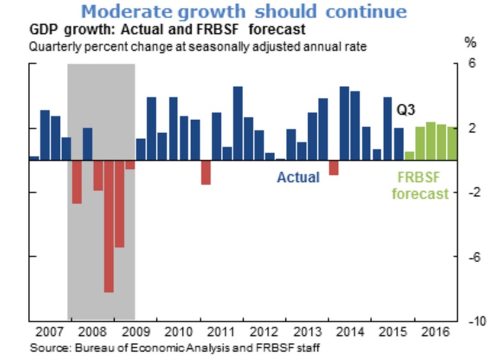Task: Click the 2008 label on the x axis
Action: click(92, 330)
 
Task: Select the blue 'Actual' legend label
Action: click(298, 177)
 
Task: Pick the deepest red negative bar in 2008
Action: click(109, 226)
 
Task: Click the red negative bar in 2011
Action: click(205, 172)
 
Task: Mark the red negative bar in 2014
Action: click(333, 167)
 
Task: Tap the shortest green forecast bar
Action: click(409, 155)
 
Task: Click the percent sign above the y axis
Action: click(470, 43)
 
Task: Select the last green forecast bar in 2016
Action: click(452, 143)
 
